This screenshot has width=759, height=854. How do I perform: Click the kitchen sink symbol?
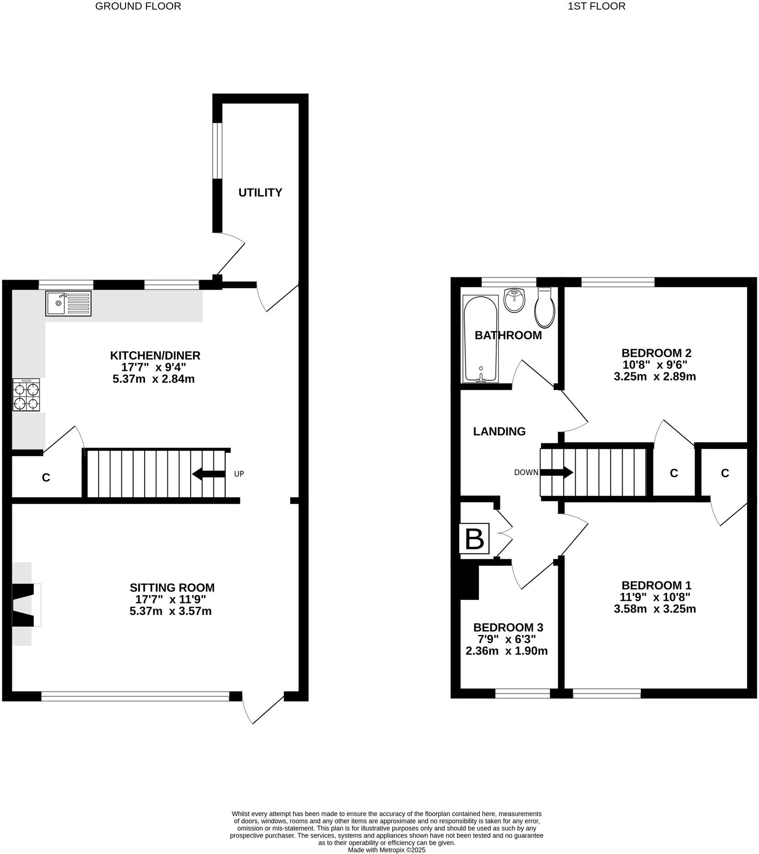coord(68,303)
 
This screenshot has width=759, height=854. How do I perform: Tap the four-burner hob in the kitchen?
coord(26,395)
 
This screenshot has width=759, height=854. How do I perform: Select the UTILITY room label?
coord(260,193)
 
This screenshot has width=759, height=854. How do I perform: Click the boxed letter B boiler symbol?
coord(474,539)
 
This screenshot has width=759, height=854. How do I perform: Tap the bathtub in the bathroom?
coord(480,338)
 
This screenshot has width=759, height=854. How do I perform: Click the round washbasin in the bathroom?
coord(515,301)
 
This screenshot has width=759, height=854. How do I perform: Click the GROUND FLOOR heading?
coord(138,6)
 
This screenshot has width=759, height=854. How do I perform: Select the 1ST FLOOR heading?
coord(596,6)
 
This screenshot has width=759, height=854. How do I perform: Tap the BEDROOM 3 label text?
coord(508,627)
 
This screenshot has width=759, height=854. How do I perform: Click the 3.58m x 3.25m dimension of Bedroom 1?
coord(655,609)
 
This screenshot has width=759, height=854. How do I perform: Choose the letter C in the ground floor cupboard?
coord(46,478)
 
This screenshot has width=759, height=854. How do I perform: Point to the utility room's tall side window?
coord(217,150)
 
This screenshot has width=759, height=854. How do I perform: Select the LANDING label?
coord(499,431)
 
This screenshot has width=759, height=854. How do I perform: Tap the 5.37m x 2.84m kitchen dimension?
coord(154,379)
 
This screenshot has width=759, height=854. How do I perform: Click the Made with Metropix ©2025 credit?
coord(386,850)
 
